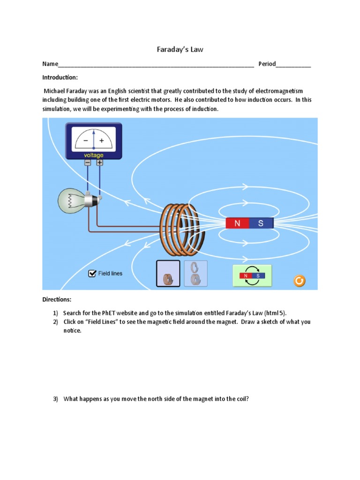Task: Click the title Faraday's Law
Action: (x=180, y=49)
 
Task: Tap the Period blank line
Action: (x=293, y=65)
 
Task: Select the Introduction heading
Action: (x=60, y=77)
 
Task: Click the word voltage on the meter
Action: (x=93, y=155)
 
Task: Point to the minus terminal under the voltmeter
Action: (x=88, y=163)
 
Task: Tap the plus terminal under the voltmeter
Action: (x=100, y=163)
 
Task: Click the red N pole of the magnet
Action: (x=237, y=224)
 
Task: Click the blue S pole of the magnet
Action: (x=261, y=224)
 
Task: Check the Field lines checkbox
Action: (x=92, y=273)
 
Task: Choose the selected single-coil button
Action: (x=168, y=273)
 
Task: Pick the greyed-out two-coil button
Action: (x=195, y=273)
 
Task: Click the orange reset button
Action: (x=299, y=281)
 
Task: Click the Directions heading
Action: (x=57, y=300)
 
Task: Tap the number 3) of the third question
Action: (x=55, y=399)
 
